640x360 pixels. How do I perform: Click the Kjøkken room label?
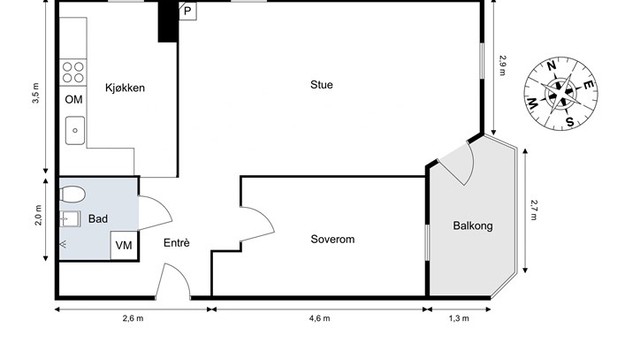point(125,88)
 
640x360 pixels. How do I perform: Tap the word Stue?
point(322,84)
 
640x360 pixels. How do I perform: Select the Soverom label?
point(333,239)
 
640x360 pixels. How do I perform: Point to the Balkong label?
point(473,226)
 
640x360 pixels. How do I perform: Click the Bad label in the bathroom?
point(98,219)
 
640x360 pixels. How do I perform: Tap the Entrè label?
point(176,243)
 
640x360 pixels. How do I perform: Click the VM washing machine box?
point(124,246)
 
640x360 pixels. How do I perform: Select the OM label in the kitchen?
point(73,100)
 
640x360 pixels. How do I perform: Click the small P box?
point(188,11)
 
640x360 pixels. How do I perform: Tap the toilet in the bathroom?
point(73,194)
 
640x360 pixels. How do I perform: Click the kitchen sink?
point(75,131)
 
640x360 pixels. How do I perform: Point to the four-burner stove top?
point(73,72)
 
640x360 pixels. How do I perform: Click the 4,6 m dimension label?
point(320,318)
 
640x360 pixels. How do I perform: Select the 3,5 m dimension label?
point(36,93)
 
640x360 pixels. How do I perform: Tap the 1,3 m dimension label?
point(459,318)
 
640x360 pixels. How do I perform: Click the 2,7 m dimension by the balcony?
point(533,210)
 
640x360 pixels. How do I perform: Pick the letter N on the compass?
point(551,66)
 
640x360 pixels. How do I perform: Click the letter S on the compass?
point(570,122)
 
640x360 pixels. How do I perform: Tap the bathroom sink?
point(70,219)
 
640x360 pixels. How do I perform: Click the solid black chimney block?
point(168,22)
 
